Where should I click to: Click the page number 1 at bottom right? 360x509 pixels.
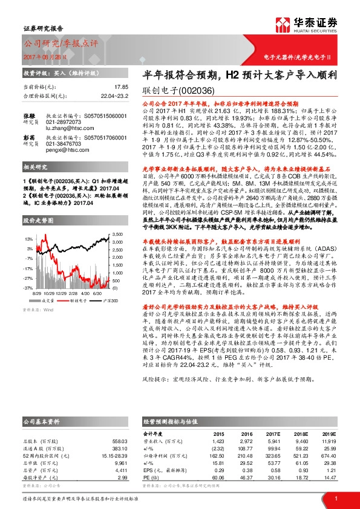click(x=335, y=498)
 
